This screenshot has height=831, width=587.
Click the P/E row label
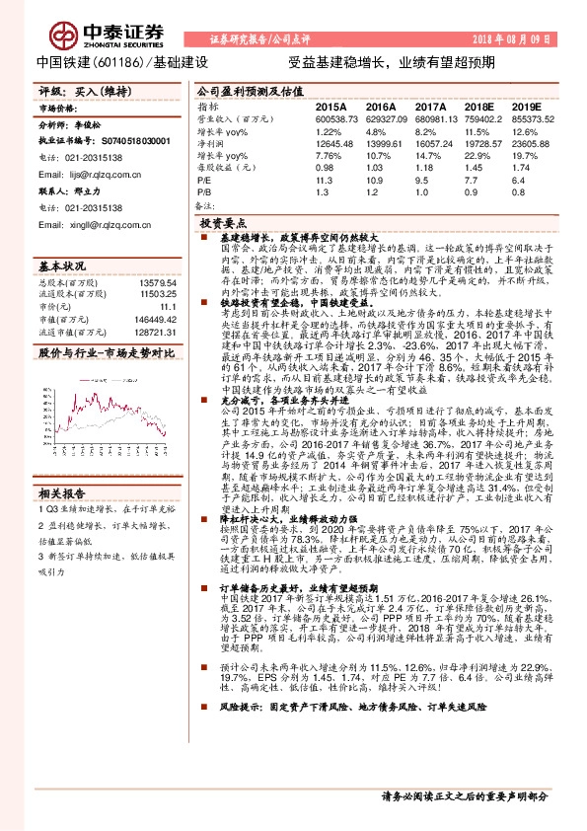point(202,181)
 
